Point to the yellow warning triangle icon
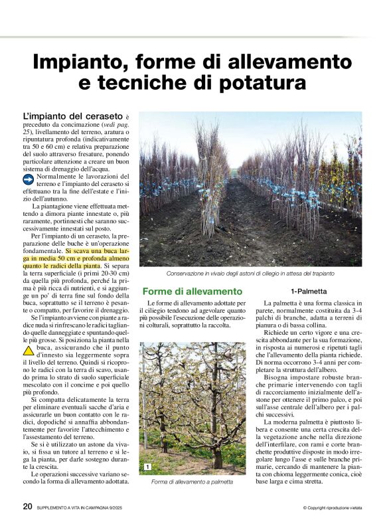(29, 350)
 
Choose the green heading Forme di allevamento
(193, 292)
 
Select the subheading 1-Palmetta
(308, 292)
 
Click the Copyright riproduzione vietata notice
(332, 508)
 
